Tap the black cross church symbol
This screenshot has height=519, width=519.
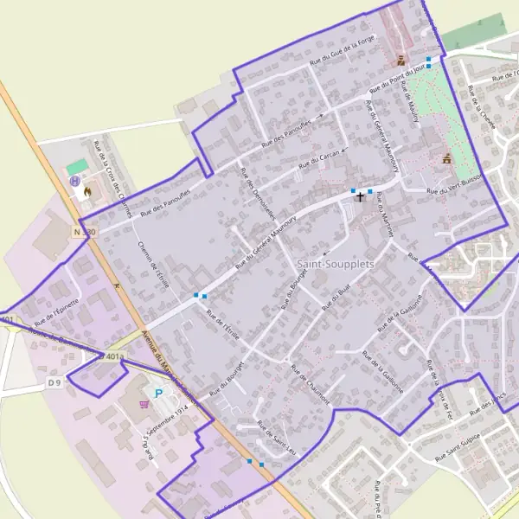(361, 197)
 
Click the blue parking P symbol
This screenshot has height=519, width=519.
(158, 393)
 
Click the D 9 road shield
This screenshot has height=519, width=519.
(55, 381)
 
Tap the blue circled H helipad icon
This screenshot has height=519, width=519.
(75, 181)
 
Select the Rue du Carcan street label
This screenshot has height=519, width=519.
(317, 159)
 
